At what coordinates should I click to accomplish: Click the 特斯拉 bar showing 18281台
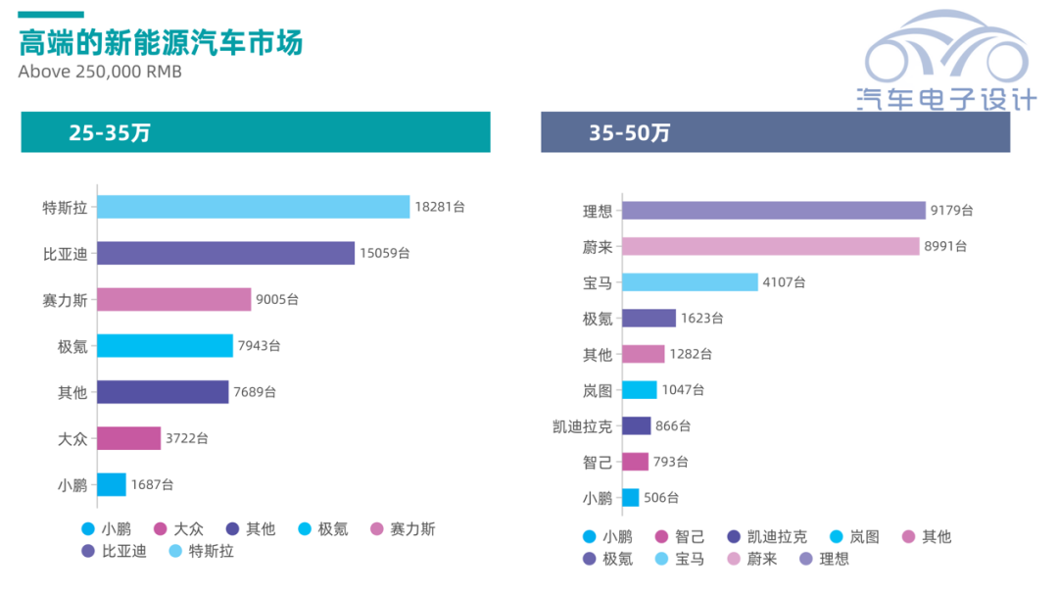coord(253,207)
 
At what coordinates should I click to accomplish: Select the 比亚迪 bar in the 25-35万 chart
coord(225,253)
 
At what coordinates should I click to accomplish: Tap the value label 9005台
coord(277,299)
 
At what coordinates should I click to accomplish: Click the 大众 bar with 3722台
coord(128,438)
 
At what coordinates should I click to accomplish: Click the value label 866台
coord(673,425)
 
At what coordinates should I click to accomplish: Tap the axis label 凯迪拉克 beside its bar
coord(583,426)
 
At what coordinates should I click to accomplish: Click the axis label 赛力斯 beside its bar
coord(65,300)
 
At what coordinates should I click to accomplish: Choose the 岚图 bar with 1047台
coord(639,390)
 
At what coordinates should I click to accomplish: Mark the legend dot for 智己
coord(659,537)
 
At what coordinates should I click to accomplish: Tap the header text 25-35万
coord(110,133)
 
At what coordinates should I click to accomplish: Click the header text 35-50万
coord(630,133)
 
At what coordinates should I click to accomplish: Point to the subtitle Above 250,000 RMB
coord(100,73)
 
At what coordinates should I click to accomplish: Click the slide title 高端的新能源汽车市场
coord(161,43)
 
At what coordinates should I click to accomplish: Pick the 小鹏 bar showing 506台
coord(630,497)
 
